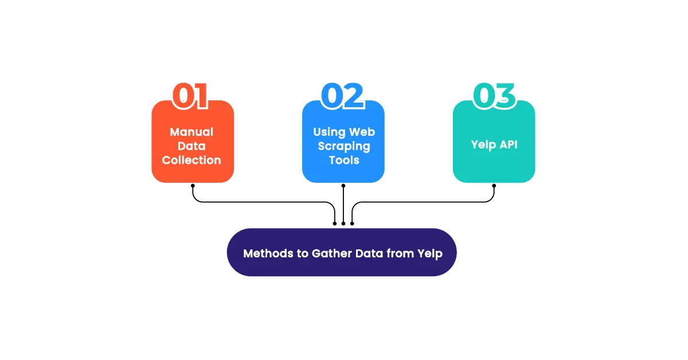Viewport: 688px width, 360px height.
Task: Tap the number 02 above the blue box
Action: pyautogui.click(x=342, y=96)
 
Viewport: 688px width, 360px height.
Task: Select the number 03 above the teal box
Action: pyautogui.click(x=494, y=96)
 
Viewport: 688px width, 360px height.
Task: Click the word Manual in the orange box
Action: pyautogui.click(x=191, y=132)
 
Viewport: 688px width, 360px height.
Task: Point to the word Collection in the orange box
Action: pyautogui.click(x=191, y=161)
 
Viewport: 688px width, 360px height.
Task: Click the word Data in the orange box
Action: pyautogui.click(x=191, y=146)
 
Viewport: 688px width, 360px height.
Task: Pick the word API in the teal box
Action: pyautogui.click(x=507, y=144)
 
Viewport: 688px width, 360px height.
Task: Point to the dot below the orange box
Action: pyautogui.click(x=193, y=186)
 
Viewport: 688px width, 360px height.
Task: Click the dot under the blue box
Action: pyautogui.click(x=343, y=186)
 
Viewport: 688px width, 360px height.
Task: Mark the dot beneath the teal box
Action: pyautogui.click(x=494, y=186)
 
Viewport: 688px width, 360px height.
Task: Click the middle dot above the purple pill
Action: pyautogui.click(x=343, y=223)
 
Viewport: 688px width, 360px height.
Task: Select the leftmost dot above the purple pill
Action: pyautogui.click(x=335, y=223)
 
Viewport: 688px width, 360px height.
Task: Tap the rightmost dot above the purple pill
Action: pyautogui.click(x=352, y=223)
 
